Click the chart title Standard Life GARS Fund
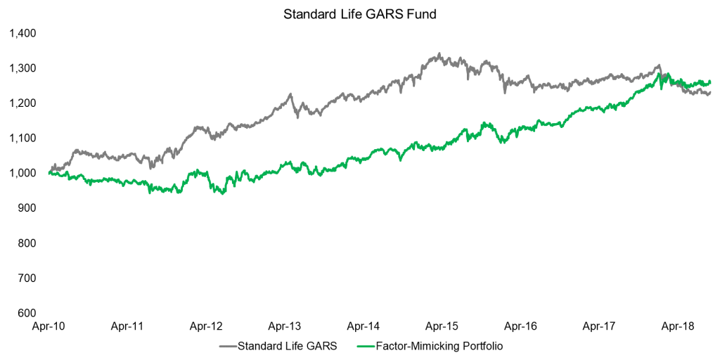360,14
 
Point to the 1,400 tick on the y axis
22,33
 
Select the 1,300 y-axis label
22,68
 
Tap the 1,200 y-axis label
22,103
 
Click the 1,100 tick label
22,139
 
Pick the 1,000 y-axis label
22,174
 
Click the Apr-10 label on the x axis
49,327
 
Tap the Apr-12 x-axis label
206,327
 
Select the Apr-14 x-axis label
364,327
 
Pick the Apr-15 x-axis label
442,327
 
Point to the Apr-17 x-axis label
600,327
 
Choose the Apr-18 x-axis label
679,327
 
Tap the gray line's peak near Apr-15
439,53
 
